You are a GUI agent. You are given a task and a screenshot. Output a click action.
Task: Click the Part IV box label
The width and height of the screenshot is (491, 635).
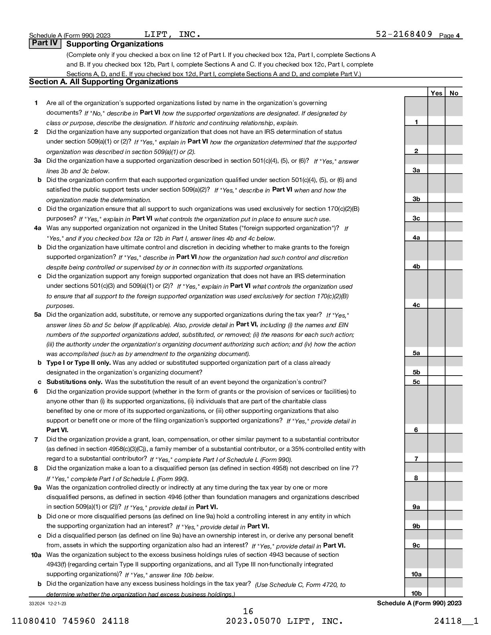coord(45,43)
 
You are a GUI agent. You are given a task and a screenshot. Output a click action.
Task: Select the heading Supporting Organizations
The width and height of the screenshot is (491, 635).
coord(115,44)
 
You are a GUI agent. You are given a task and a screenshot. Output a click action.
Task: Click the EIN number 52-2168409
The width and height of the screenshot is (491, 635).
coord(404,34)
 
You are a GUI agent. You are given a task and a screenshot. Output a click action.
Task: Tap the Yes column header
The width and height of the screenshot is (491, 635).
coord(436,93)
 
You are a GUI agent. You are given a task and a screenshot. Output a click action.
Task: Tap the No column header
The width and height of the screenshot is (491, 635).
coord(454,93)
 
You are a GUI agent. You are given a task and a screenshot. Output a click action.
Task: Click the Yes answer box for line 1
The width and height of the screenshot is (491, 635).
coord(436,121)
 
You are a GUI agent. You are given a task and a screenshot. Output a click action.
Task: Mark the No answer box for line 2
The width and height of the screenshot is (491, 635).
coord(454,150)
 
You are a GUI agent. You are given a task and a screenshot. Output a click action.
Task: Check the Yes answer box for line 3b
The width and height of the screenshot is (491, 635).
coord(436,198)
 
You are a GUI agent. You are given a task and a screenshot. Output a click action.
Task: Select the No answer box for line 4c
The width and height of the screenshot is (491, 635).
coord(454,304)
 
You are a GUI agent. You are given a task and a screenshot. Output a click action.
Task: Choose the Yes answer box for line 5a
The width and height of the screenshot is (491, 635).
coord(436,352)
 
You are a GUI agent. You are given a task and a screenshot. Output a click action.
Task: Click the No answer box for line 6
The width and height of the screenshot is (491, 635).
coord(454,429)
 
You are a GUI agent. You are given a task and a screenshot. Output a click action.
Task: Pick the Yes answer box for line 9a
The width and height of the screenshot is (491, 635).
coord(436,506)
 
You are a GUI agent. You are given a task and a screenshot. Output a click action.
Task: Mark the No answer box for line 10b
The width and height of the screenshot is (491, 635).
coord(454,593)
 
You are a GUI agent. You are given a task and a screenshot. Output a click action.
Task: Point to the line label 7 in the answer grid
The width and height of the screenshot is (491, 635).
coord(416,459)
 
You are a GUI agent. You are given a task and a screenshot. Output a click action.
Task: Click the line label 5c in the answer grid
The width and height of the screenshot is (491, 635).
coord(416,382)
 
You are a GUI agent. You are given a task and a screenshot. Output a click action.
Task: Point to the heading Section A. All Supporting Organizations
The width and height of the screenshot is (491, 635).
coord(103,82)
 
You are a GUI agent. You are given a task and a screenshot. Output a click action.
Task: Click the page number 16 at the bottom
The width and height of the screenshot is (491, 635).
coord(248,611)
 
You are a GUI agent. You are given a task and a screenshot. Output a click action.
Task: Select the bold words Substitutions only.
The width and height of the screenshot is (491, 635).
coord(74,382)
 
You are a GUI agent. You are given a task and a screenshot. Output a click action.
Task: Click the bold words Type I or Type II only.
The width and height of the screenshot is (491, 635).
coord(79,363)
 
